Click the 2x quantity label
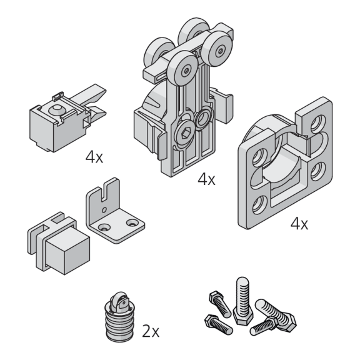pos(151,331)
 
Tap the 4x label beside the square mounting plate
pos(299,224)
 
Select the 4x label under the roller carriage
pos(206,179)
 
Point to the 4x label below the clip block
pos(94,157)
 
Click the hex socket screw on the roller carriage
pos(184,133)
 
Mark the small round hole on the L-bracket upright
pos(104,209)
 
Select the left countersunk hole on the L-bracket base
pos(104,227)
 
